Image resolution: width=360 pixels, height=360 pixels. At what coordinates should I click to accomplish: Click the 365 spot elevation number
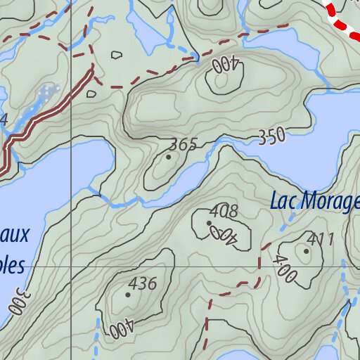(184, 145)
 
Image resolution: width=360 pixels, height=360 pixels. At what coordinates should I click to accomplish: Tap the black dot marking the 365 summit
(168, 157)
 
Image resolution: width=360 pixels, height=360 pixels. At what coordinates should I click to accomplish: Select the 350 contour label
(271, 136)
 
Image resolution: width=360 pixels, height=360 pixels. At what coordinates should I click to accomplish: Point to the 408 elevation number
(224, 211)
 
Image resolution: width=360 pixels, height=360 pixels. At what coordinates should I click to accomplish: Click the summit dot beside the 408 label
(209, 223)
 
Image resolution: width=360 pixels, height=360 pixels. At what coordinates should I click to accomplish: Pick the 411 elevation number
(321, 240)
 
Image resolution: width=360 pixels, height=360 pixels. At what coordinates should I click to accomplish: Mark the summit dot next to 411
(306, 250)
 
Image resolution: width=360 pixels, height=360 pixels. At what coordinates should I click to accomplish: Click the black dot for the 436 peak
(127, 295)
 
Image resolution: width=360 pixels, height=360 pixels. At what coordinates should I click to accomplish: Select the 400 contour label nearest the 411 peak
(286, 270)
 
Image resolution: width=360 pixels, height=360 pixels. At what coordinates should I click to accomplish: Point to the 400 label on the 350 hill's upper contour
(226, 66)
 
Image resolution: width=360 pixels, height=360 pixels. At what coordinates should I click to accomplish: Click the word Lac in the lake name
(284, 202)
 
